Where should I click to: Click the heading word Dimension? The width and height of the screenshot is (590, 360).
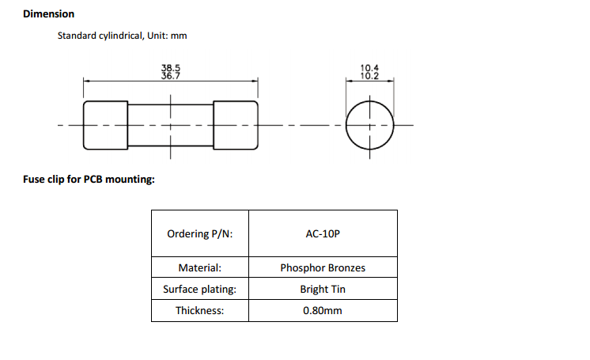pyautogui.click(x=49, y=14)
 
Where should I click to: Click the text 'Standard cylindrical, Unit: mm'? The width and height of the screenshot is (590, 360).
pyautogui.click(x=123, y=36)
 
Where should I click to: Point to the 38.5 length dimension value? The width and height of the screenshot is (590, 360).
pyautogui.click(x=171, y=69)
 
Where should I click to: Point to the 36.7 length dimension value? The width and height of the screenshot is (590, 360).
pyautogui.click(x=171, y=77)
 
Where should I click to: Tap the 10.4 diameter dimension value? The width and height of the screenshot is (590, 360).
pyautogui.click(x=369, y=69)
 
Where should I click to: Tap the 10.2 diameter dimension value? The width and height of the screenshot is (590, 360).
pyautogui.click(x=369, y=77)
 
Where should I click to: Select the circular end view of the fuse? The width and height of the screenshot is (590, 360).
pyautogui.click(x=369, y=125)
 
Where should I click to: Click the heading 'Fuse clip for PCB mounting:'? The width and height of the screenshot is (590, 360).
pyautogui.click(x=89, y=179)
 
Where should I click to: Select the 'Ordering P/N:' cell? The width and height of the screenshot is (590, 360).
pyautogui.click(x=200, y=233)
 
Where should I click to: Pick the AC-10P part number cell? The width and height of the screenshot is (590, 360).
pyautogui.click(x=323, y=233)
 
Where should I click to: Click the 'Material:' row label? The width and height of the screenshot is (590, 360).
pyautogui.click(x=200, y=268)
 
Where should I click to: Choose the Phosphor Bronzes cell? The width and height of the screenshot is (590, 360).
pyautogui.click(x=323, y=268)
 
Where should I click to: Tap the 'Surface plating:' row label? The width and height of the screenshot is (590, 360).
pyautogui.click(x=200, y=290)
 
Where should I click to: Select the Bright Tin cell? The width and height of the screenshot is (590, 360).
pyautogui.click(x=323, y=290)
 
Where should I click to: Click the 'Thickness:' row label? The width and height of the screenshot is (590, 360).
pyautogui.click(x=200, y=311)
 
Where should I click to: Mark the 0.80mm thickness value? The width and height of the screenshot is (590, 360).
pyautogui.click(x=323, y=311)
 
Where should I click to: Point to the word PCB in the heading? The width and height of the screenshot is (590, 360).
pyautogui.click(x=95, y=179)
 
